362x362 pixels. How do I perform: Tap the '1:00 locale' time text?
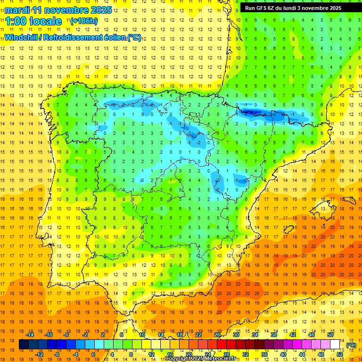[33, 21]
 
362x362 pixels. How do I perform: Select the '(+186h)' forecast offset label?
[84, 21]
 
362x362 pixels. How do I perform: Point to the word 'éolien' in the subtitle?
[114, 37]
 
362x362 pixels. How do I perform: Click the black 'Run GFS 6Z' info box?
[297, 8]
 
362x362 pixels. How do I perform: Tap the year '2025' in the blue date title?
[101, 10]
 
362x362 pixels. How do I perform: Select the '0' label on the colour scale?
[93, 354]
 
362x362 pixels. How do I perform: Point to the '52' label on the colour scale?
[340, 354]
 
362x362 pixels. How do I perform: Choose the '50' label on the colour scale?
[330, 335]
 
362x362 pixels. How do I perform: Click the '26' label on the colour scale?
[217, 335]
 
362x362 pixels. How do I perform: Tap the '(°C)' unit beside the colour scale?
[351, 345]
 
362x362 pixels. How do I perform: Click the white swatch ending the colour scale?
[335, 345]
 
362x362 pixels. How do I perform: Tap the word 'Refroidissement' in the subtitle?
[73, 37]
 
